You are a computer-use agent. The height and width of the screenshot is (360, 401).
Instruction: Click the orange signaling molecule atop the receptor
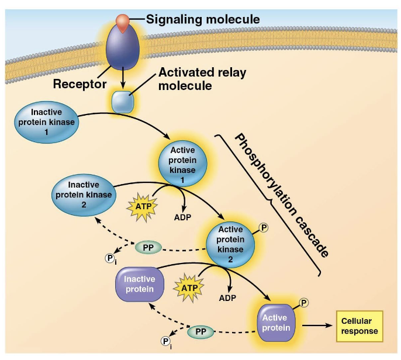[122, 21]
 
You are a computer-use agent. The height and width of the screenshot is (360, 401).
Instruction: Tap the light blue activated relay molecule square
[123, 102]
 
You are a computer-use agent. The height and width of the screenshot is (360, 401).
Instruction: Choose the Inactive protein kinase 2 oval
[83, 191]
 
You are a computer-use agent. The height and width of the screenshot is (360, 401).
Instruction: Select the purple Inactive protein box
[139, 285]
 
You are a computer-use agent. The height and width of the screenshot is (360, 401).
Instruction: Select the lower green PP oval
[200, 332]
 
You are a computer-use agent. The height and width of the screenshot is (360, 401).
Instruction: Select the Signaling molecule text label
[203, 19]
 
